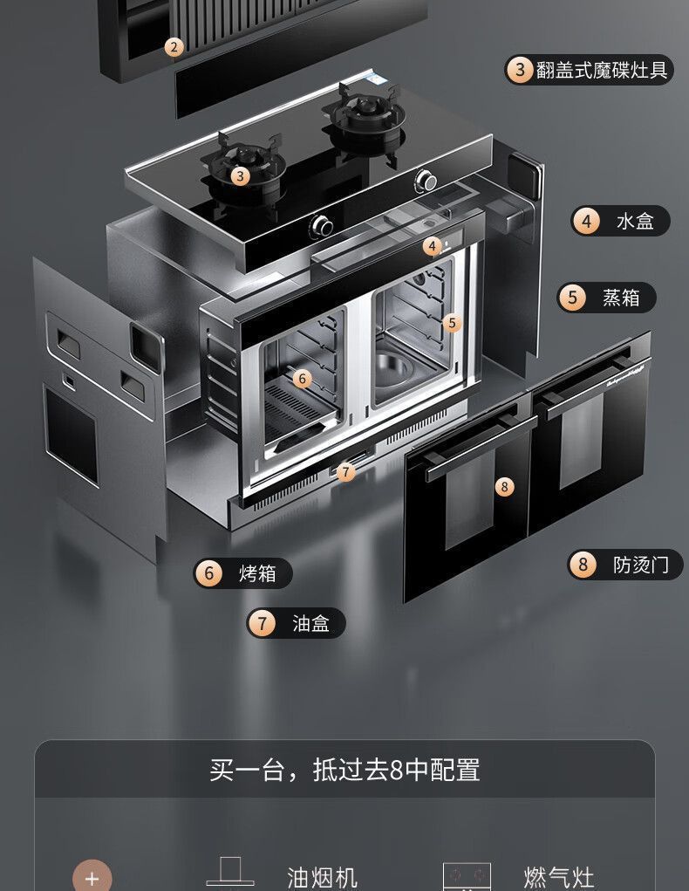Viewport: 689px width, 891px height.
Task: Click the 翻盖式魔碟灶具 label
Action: pyautogui.click(x=601, y=71)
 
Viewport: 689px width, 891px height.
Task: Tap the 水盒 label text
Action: pyautogui.click(x=635, y=221)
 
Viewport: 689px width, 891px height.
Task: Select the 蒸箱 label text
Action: pyautogui.click(x=621, y=298)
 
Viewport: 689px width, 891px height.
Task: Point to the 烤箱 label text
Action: pyautogui.click(x=257, y=573)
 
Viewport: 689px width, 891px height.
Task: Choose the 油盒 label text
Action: pyautogui.click(x=310, y=623)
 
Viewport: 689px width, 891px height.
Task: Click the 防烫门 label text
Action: pyautogui.click(x=641, y=565)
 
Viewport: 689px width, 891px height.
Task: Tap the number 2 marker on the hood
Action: pyautogui.click(x=174, y=47)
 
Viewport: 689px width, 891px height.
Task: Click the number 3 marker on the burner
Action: pyautogui.click(x=240, y=176)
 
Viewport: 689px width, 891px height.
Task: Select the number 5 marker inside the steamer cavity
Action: pyautogui.click(x=452, y=324)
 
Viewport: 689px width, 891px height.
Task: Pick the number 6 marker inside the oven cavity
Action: pyautogui.click(x=302, y=379)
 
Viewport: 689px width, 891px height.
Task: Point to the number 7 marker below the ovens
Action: pyautogui.click(x=345, y=471)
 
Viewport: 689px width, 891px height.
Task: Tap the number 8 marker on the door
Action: pyautogui.click(x=504, y=487)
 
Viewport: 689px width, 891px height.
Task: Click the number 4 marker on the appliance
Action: pyautogui.click(x=433, y=247)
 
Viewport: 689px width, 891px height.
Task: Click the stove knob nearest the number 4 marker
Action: pyautogui.click(x=322, y=227)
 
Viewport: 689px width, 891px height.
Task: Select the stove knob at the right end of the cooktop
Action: pyautogui.click(x=426, y=180)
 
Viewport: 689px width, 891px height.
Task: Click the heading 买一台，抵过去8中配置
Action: pyautogui.click(x=344, y=770)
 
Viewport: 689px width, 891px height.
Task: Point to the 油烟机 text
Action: pyautogui.click(x=322, y=877)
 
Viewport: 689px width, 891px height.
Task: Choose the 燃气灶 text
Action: pyautogui.click(x=558, y=877)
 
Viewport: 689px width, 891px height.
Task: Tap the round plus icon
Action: pyautogui.click(x=92, y=878)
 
